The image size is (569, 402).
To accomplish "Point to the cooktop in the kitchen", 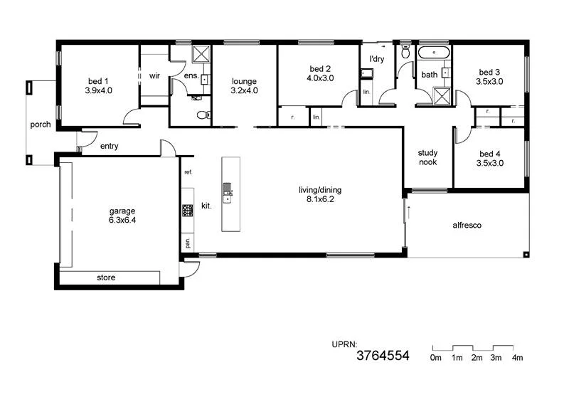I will pos(188,210).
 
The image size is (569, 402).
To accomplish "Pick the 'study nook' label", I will pos(427,157).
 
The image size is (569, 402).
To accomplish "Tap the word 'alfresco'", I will pos(467,226).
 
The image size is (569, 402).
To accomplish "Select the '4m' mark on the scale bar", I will pos(517,358).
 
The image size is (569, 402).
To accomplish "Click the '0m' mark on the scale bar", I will pos(436,358).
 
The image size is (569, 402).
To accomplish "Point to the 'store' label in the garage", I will pos(105,277).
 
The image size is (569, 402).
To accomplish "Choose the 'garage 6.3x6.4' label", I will pos(122,216).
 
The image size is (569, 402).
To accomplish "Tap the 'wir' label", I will pos(154,76).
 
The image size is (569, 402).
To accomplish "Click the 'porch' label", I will pos(41,125).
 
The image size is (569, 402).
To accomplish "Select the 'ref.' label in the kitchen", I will pos(188,172).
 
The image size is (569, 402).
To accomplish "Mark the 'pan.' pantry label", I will pos(188,243).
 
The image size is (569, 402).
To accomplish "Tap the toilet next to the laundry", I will pos(405,52).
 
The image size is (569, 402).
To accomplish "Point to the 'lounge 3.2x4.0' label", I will pos(244,86).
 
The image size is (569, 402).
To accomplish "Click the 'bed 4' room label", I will pos(490,158).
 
